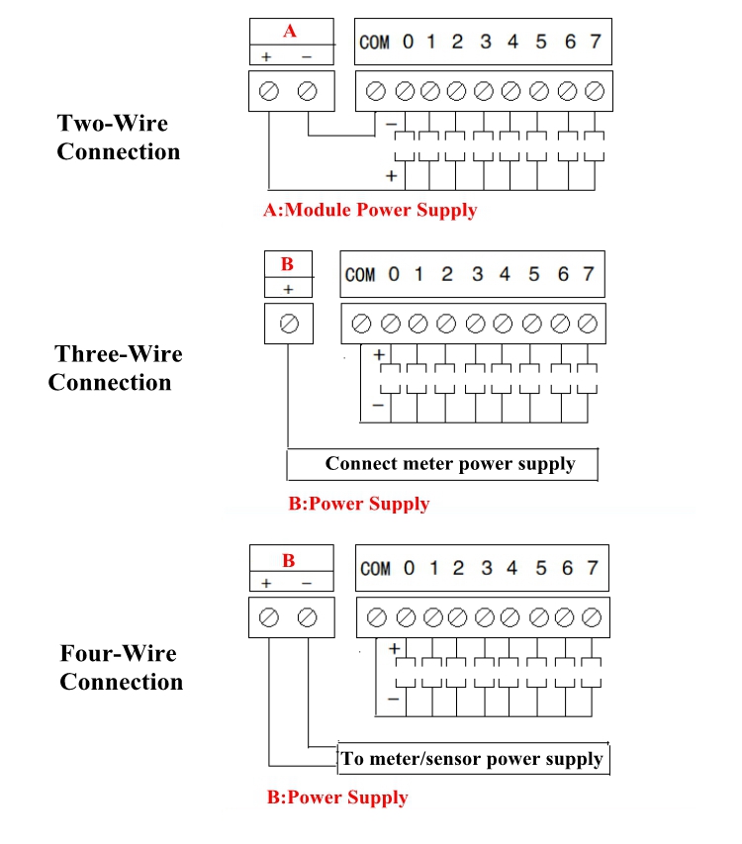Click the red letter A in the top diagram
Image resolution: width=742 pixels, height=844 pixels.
point(290,31)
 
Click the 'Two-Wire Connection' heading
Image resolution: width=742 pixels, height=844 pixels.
point(118,138)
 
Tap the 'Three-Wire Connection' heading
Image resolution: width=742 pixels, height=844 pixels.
point(115,368)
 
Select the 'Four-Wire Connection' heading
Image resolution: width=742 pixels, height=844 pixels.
point(121,668)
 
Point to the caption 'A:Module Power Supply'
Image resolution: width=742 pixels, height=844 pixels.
point(370,210)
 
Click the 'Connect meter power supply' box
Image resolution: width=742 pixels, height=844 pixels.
point(449,463)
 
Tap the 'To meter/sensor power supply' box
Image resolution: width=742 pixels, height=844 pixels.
point(472,759)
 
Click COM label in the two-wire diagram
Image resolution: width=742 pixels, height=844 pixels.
point(374,43)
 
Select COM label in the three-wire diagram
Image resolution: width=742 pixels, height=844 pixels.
point(360,274)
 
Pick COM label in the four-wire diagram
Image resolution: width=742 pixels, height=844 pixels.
point(375,569)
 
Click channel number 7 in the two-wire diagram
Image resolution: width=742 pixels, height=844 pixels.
point(595,42)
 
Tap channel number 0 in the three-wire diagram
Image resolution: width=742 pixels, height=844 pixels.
point(394,274)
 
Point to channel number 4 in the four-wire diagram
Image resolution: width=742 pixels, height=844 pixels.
point(511,568)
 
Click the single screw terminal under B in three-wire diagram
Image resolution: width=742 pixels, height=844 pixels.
point(289,324)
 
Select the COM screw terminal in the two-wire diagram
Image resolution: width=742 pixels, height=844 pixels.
point(375,92)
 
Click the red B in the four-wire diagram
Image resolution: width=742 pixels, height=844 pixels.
point(289,560)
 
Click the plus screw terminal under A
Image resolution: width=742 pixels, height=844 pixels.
point(268,93)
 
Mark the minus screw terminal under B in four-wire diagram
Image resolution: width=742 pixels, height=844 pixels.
point(308,618)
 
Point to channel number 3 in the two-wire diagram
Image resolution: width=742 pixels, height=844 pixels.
point(485,42)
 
